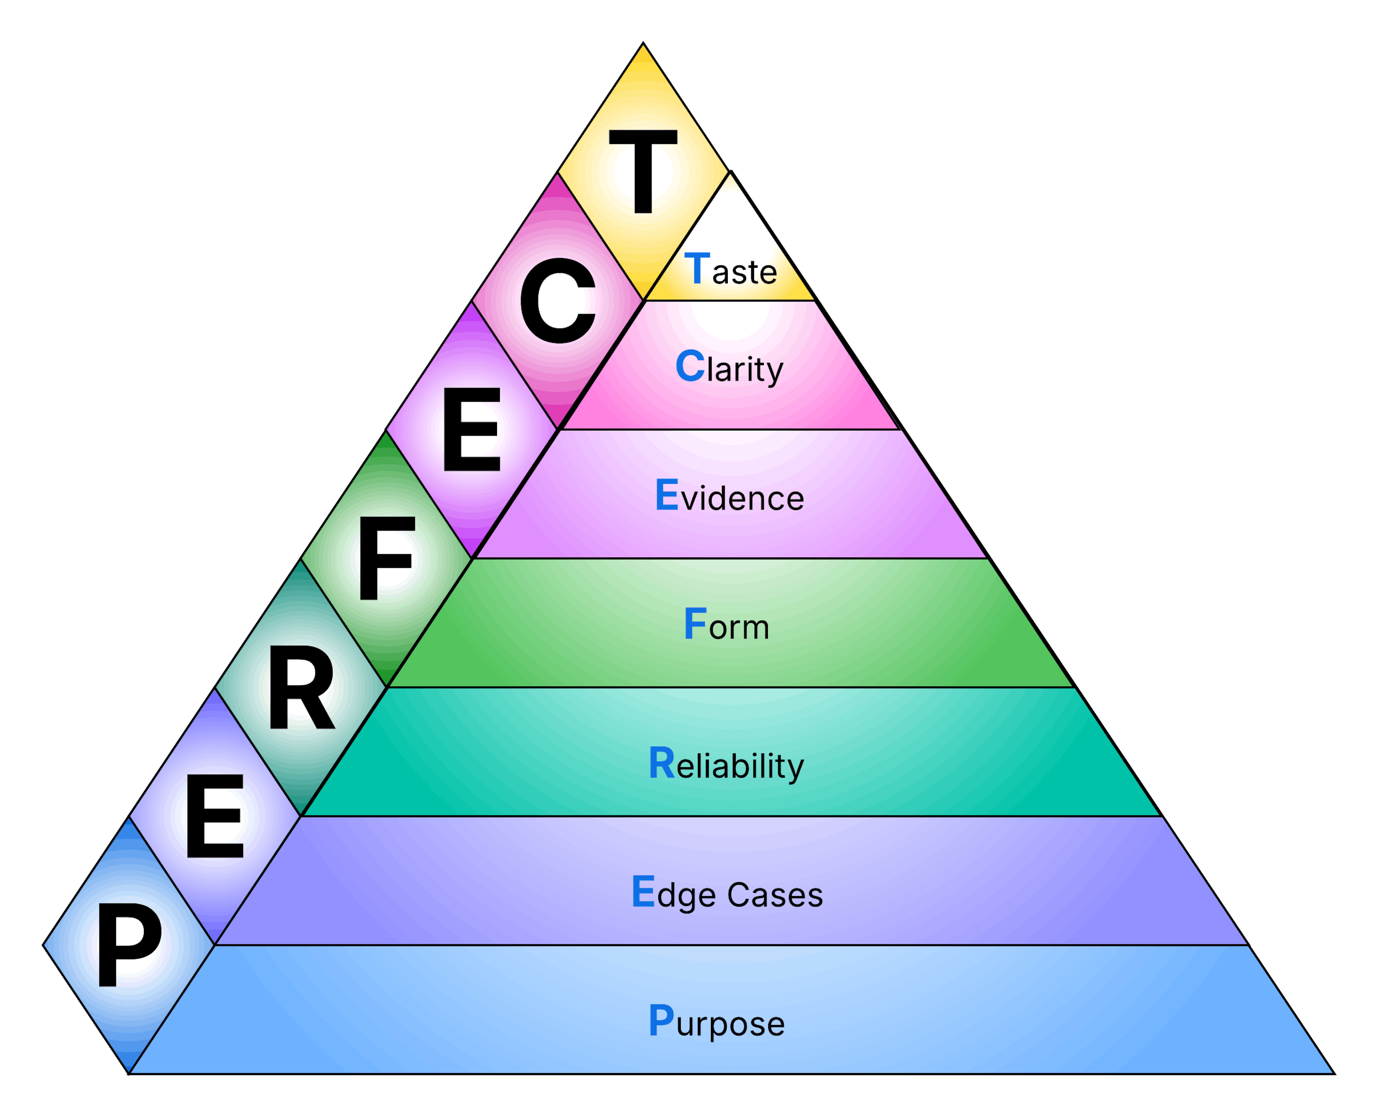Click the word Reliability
coord(726,765)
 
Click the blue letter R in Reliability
coord(661,763)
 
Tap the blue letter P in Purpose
coord(661,1020)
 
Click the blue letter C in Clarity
coord(690,365)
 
